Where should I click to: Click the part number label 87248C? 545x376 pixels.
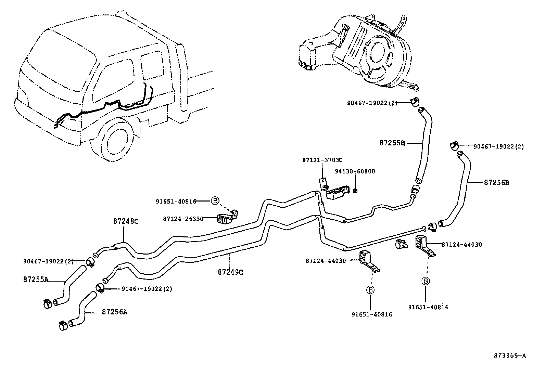pos(126,221)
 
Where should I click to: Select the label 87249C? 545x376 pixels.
pos(230,272)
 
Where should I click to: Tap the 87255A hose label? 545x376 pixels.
pos(36,280)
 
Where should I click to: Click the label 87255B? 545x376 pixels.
pos(392,143)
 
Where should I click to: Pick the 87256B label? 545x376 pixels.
pos(496,183)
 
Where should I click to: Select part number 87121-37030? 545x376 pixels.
pos(322,160)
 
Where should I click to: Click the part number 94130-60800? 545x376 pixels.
pos(355,171)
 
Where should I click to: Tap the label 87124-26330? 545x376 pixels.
pos(183,219)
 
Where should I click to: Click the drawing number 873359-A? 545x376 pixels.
pos(509,355)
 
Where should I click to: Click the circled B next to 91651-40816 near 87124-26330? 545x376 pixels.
pos(215,201)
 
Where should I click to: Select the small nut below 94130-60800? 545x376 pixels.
pos(355,190)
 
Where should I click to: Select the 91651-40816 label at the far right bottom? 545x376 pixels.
pos(428,307)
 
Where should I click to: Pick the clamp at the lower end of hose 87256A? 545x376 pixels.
pos(62,325)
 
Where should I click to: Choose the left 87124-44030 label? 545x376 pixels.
pos(326,261)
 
